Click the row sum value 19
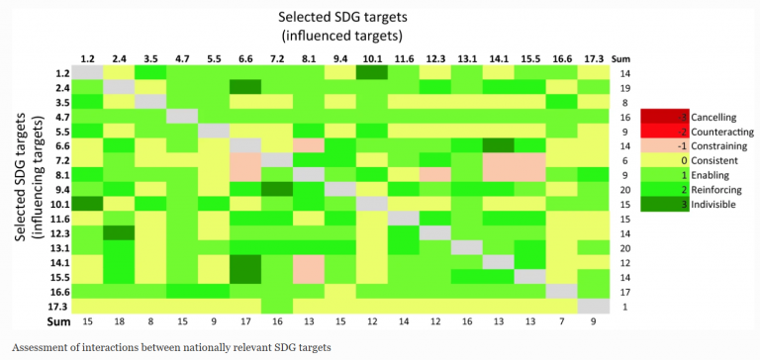coord(624,87)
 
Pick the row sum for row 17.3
coord(624,306)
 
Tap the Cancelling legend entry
coord(692,116)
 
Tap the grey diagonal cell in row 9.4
coord(339,189)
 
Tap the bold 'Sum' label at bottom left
coord(58,322)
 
